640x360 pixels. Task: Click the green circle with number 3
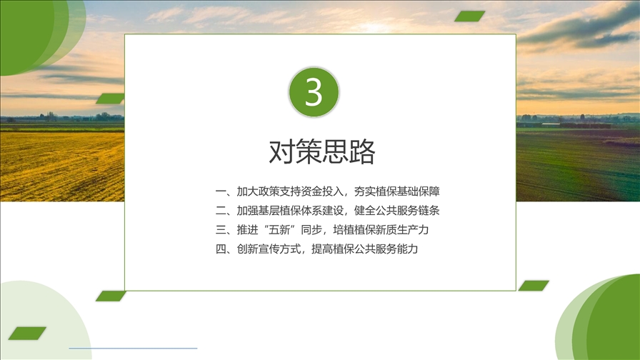coord(314,92)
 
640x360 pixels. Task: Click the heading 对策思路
coord(322,151)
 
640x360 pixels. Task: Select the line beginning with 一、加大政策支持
coord(327,191)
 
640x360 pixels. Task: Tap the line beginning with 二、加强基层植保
coord(327,211)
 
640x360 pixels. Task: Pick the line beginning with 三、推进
coord(322,230)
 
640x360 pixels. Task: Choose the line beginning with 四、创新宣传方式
coord(316,249)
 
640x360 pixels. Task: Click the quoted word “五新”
coord(279,230)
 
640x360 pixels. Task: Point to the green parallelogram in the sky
coord(470,16)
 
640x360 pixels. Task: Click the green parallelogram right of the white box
coord(534,286)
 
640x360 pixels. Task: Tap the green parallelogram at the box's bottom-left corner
coord(111,296)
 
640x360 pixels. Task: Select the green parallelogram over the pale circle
coord(27,334)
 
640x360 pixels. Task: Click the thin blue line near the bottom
coord(133,348)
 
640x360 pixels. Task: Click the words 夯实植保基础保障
coord(397,191)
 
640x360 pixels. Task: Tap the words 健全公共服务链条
coord(397,211)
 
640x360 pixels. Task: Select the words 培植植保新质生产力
coord(381,230)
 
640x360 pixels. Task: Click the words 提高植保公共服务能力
coord(365,249)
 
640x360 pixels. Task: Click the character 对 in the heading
coord(281,151)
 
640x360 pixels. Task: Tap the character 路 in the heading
coord(362,151)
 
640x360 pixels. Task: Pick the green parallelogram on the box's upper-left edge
coord(111,99)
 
